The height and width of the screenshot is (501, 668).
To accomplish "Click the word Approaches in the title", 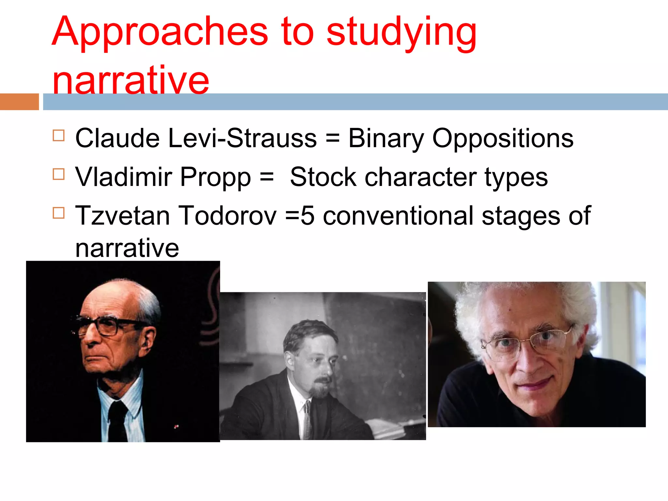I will click(160, 32).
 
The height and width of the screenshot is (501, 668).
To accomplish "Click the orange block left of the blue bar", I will click(19, 101).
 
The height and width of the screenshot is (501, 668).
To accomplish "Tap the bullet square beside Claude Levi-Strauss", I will click(59, 135).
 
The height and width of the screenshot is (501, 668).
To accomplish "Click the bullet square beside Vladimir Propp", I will click(59, 174).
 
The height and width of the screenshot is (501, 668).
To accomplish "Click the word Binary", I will click(386, 139).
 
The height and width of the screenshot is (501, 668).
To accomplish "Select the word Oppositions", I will click(503, 139).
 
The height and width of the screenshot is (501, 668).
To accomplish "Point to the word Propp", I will click(215, 177).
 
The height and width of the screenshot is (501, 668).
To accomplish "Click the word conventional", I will click(398, 216).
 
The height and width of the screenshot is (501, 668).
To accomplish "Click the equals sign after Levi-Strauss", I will click(332, 138).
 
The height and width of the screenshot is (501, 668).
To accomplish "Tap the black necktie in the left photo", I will click(117, 421).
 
